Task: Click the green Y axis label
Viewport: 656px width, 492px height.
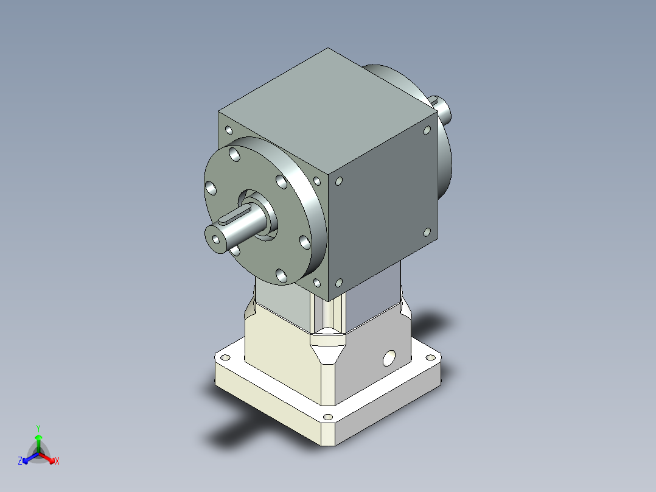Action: [x=38, y=429]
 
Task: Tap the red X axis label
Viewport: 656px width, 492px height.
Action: [x=57, y=461]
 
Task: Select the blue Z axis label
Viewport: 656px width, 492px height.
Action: [x=20, y=461]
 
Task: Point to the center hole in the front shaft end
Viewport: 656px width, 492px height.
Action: [x=216, y=239]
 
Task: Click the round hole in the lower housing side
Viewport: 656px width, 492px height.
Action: [x=389, y=358]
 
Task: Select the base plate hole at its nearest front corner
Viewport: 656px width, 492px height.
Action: [x=328, y=417]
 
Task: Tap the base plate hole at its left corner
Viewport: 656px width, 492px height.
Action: [x=225, y=357]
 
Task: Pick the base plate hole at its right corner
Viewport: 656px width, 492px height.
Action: [x=430, y=357]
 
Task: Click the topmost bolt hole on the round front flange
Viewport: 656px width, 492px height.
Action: [x=235, y=154]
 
